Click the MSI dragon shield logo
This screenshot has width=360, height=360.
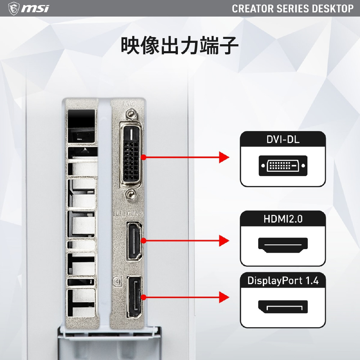(x=14, y=8)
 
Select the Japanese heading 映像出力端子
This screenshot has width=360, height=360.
(x=180, y=45)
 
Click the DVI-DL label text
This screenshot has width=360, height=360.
(x=283, y=139)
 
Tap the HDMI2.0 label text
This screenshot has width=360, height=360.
(x=283, y=219)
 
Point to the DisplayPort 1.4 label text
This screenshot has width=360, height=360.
(x=283, y=280)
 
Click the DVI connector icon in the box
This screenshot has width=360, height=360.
(x=283, y=166)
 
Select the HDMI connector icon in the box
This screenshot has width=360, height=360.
(x=283, y=245)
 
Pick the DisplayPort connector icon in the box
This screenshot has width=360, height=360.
(x=283, y=307)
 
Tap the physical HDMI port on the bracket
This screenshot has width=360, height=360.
(x=134, y=240)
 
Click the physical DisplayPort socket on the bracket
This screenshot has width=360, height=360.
(x=134, y=297)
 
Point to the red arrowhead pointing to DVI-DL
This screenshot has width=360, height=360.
(x=224, y=157)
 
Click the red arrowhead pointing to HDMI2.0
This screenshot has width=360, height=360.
(x=224, y=240)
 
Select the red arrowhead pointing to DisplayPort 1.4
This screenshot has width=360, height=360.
(x=224, y=297)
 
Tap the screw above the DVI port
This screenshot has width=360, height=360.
(x=131, y=114)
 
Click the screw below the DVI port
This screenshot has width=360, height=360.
(x=131, y=194)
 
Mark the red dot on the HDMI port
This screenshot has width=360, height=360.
(x=144, y=240)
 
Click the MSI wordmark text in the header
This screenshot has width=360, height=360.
(x=35, y=9)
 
